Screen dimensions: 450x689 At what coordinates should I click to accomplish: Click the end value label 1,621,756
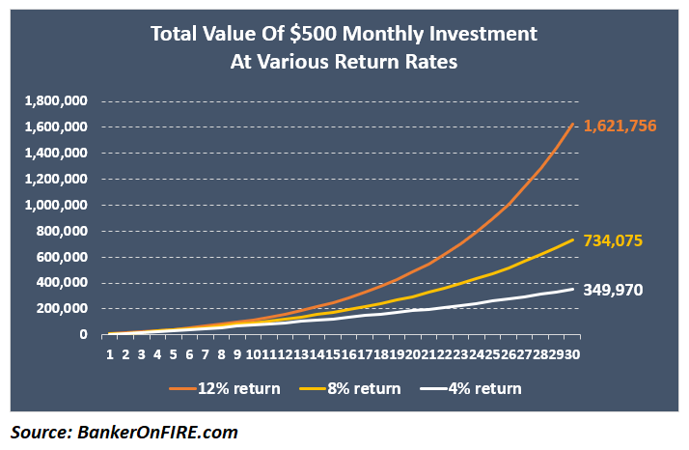(627, 127)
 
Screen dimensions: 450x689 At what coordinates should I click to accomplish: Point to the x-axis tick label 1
(110, 354)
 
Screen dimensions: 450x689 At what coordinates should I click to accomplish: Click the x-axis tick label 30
(572, 354)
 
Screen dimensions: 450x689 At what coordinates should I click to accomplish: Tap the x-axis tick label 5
(174, 354)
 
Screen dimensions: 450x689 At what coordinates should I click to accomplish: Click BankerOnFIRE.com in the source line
(158, 432)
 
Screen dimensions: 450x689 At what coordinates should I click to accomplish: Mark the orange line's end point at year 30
(573, 124)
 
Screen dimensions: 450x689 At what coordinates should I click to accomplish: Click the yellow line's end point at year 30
(573, 239)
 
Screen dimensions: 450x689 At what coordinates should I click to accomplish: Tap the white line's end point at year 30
(573, 289)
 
